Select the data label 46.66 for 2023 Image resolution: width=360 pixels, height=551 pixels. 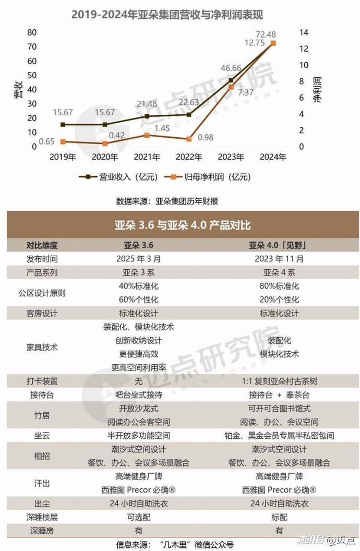[231, 68]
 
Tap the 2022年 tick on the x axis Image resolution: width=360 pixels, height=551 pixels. [189, 156]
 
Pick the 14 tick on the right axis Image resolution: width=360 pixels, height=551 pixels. [304, 32]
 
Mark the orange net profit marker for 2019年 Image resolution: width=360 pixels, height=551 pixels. [63, 141]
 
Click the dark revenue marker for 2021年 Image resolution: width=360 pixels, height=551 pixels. [147, 116]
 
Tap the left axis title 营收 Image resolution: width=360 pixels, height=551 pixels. [17, 90]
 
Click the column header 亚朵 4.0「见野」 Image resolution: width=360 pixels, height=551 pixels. [276, 245]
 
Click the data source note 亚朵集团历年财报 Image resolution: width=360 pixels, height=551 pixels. [167, 201]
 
